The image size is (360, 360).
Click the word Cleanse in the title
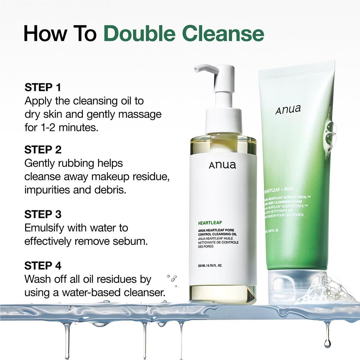tap(226, 34)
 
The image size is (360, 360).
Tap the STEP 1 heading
tap(43, 88)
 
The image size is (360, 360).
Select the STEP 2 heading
tap(43, 149)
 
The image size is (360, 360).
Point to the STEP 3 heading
tap(43, 214)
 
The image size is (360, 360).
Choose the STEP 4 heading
tap(43, 266)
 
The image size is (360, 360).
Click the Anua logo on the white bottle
tap(222, 165)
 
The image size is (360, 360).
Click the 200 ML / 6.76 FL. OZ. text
tap(210, 266)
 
